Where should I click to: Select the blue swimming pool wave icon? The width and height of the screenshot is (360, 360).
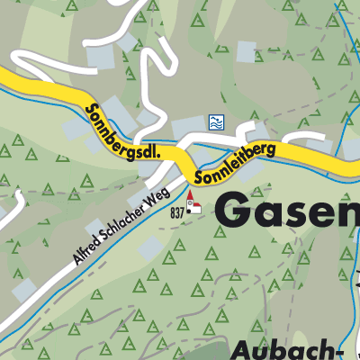point(215,121)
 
